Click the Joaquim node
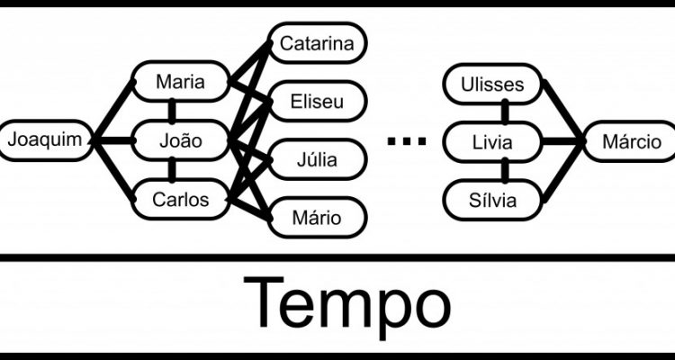(x=46, y=140)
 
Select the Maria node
(x=180, y=83)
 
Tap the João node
(x=180, y=141)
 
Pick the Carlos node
(x=180, y=199)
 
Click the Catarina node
(x=316, y=42)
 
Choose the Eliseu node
(x=316, y=101)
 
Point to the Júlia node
(x=316, y=160)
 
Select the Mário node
(x=316, y=217)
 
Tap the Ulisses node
(x=494, y=85)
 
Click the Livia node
(x=494, y=141)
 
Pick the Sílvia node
(x=494, y=199)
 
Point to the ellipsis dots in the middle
(x=404, y=140)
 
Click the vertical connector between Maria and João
(x=172, y=112)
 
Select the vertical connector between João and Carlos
(x=172, y=170)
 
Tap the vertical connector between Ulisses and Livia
(x=505, y=113)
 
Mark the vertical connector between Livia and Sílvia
(x=505, y=170)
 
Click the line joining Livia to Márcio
(x=562, y=141)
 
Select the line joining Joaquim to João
(x=112, y=140)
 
